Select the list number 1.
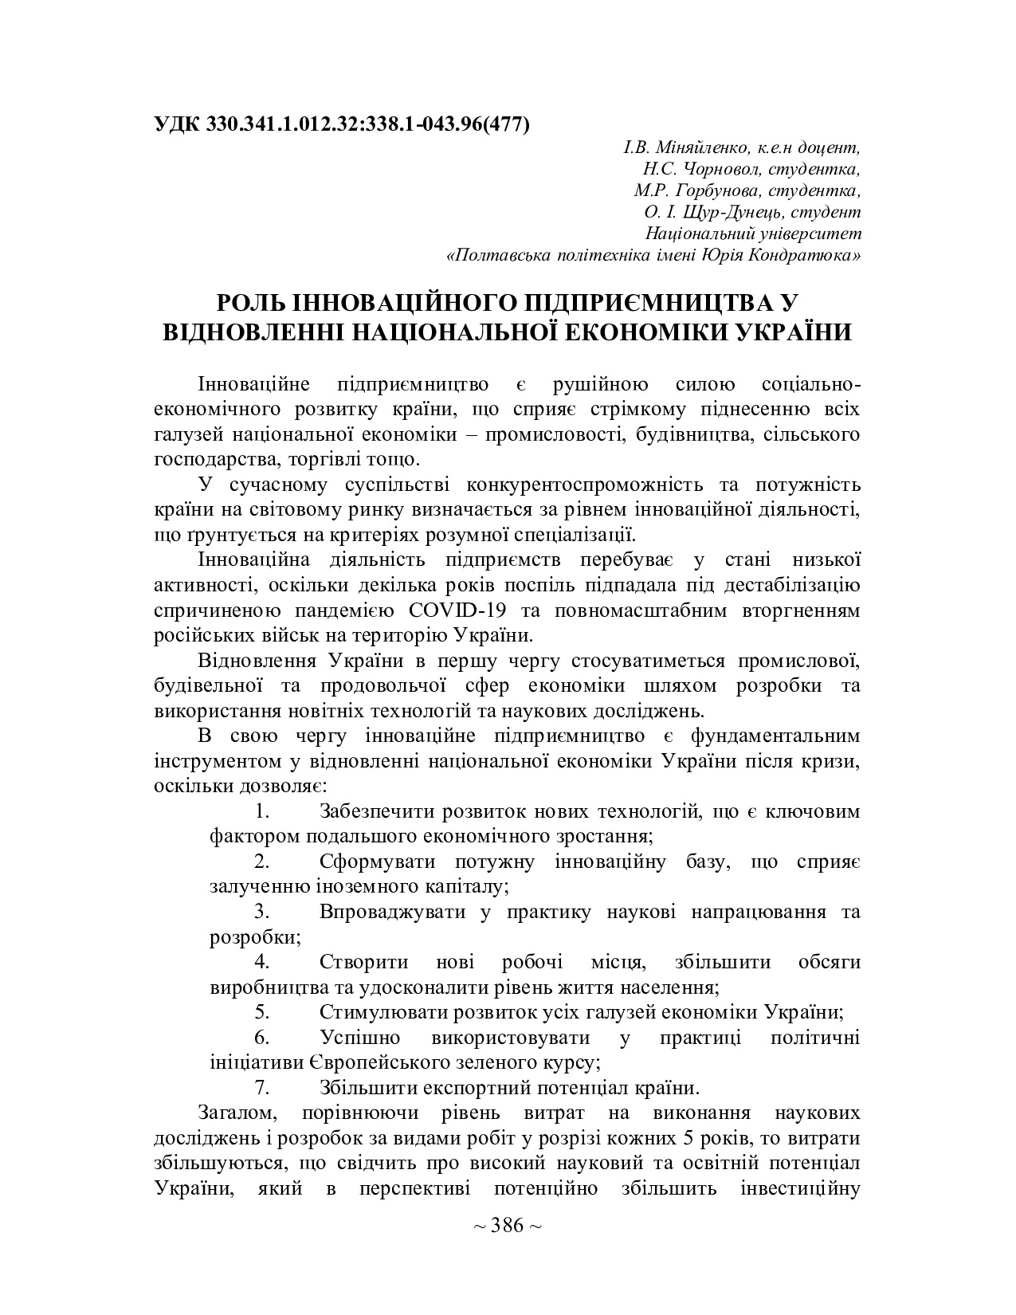point(261,812)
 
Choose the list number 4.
point(261,962)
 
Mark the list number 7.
point(261,1087)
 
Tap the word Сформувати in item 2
point(378,862)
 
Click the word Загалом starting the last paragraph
point(237,1112)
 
